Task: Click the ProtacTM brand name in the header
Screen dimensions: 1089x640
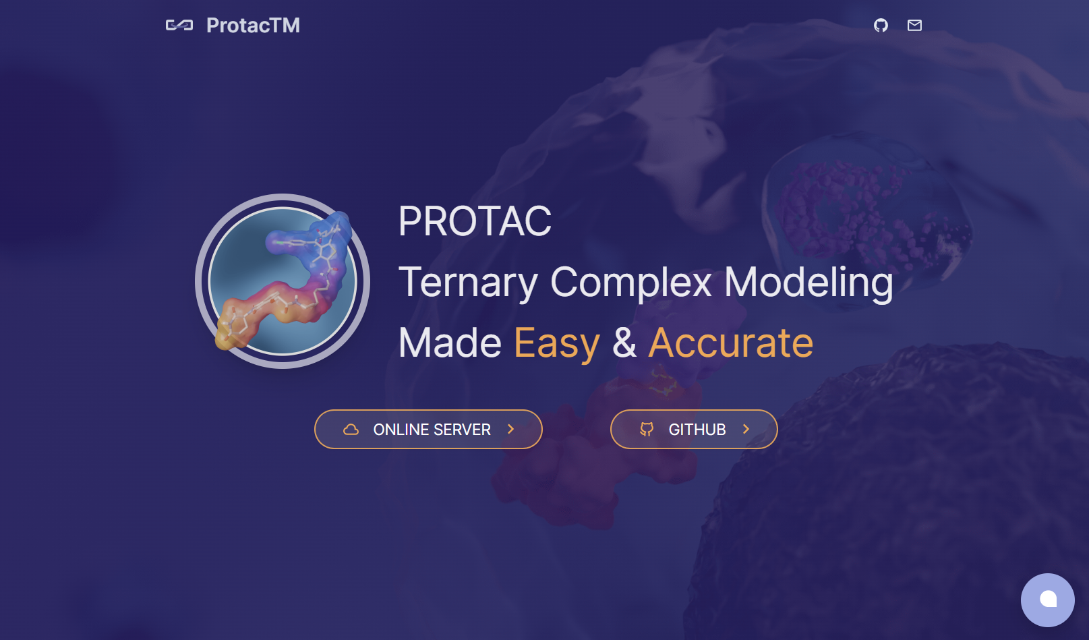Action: coord(253,25)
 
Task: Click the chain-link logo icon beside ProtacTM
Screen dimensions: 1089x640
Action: coord(179,25)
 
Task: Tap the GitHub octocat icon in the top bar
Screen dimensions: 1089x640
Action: coord(881,25)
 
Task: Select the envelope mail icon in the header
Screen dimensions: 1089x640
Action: coord(914,25)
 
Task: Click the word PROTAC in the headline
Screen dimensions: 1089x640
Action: coord(475,221)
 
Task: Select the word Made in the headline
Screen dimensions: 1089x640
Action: coord(450,343)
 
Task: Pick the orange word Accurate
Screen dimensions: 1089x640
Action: coord(731,343)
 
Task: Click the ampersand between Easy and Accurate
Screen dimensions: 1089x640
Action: coord(624,343)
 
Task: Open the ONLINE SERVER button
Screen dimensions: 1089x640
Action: coord(428,430)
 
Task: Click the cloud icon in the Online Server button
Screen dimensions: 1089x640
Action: coord(351,430)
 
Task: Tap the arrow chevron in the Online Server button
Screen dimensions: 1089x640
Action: coord(510,429)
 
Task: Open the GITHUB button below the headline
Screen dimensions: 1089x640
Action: coord(694,430)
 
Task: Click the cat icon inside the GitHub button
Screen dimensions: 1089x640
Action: coord(647,430)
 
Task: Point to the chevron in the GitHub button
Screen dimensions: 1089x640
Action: coord(746,429)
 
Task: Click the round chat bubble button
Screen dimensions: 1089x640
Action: coord(1048,600)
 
